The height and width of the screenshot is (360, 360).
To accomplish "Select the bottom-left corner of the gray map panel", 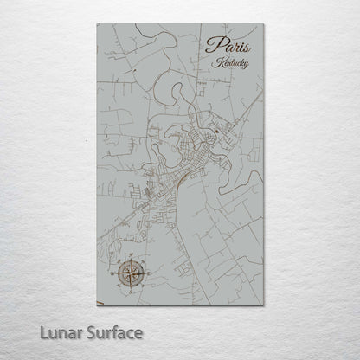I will click(x=97, y=304).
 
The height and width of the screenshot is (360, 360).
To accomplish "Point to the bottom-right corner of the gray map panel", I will click(x=264, y=304).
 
